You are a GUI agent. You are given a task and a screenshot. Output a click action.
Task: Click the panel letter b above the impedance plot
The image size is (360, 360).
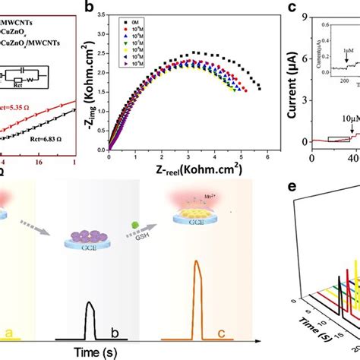coord(112,8)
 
